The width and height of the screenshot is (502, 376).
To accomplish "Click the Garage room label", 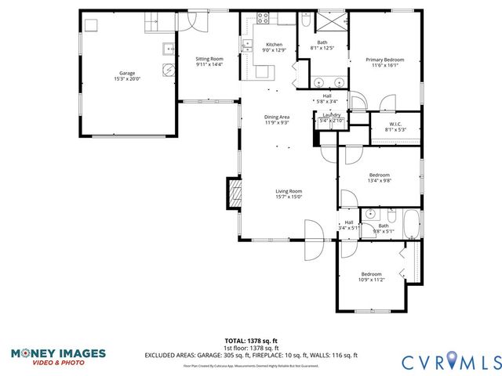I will tap(126, 76).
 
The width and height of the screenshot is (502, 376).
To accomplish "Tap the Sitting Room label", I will tap(209, 62).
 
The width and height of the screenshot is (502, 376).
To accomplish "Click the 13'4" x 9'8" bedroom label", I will tap(380, 178).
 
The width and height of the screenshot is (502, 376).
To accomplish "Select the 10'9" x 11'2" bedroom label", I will tap(371, 277).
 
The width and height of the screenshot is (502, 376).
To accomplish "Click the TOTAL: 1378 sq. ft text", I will tap(251, 341).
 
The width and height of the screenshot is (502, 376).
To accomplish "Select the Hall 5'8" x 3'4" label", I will tap(326, 99).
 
